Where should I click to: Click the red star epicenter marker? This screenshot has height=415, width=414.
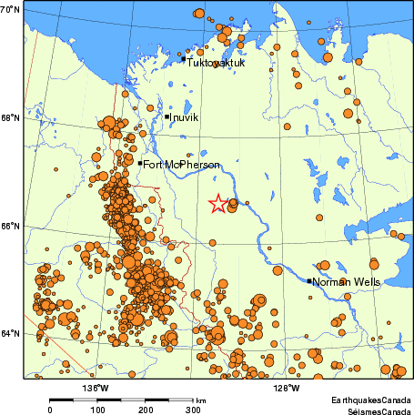(217, 204)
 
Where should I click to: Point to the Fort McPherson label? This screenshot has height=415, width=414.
(177, 164)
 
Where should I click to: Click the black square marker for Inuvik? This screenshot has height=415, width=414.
(167, 116)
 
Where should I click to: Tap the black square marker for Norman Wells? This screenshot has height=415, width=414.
(309, 281)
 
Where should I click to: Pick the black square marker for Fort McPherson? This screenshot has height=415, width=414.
(141, 164)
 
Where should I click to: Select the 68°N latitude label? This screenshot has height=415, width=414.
(11, 117)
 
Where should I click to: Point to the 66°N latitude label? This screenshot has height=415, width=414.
(11, 226)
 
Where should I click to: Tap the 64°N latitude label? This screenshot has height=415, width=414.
(11, 334)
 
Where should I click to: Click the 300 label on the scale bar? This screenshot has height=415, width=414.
(193, 410)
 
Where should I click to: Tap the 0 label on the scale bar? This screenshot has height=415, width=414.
(50, 410)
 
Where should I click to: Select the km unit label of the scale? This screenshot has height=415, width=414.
(200, 400)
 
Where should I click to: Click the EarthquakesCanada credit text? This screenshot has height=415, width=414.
(370, 400)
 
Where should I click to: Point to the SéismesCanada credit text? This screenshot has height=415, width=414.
(373, 410)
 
